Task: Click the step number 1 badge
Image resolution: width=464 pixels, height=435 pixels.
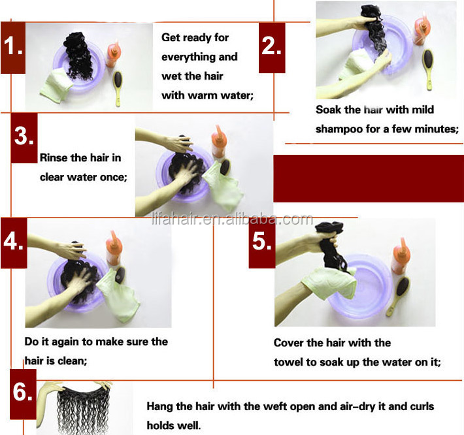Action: click(13, 48)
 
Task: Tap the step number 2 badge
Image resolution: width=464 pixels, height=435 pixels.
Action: click(272, 48)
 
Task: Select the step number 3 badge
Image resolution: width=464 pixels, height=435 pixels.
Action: click(24, 138)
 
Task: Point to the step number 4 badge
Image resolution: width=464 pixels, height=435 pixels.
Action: click(14, 243)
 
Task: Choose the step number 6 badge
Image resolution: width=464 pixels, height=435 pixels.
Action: click(23, 394)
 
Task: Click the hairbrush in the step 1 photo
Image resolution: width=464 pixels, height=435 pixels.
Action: click(118, 88)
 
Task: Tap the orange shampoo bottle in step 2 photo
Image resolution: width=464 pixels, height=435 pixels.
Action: click(420, 28)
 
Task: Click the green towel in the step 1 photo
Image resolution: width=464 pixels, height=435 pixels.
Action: click(56, 86)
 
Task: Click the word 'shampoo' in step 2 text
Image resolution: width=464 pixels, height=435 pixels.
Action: click(339, 129)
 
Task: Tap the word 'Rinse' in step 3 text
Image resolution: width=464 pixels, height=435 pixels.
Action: click(54, 157)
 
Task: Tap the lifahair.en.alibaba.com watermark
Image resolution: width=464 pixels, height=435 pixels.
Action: click(232, 219)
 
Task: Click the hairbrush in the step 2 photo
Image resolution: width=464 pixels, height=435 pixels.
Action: click(429, 69)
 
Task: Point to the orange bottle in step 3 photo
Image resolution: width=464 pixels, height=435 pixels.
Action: click(219, 141)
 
